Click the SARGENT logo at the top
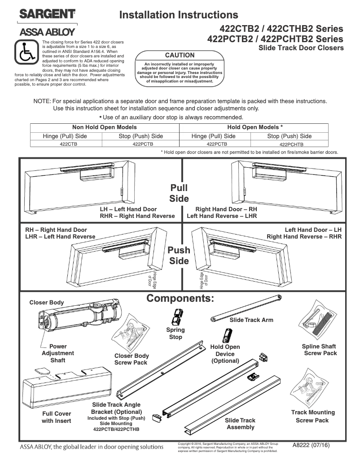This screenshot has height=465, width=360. (x=47, y=14)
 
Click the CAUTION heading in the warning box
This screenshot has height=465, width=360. (x=180, y=55)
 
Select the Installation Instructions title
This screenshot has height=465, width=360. (x=179, y=16)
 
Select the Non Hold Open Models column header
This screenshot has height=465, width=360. (x=104, y=127)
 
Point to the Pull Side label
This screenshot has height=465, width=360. (x=179, y=193)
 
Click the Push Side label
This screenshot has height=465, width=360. (x=179, y=256)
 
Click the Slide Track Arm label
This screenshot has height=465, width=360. (x=251, y=320)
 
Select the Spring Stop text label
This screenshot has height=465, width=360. (x=176, y=334)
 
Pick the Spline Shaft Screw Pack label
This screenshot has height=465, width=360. (x=320, y=350)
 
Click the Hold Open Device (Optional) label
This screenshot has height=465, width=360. (x=225, y=354)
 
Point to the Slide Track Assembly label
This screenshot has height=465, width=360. (x=240, y=424)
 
